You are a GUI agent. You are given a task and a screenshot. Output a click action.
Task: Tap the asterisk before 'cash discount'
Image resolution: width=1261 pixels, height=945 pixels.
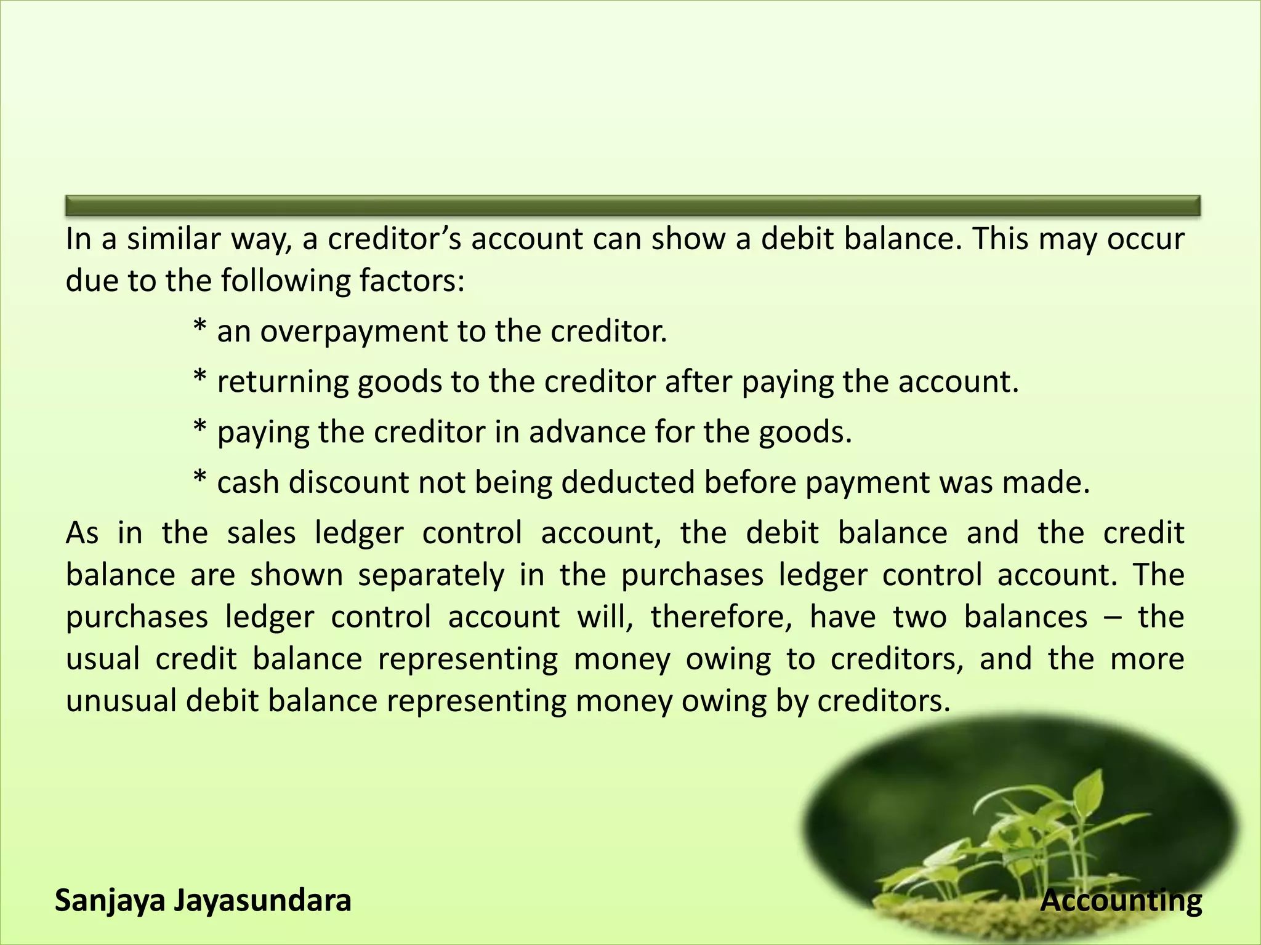(199, 479)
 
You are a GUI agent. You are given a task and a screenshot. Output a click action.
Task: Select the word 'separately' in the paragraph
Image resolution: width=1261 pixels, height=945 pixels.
(431, 575)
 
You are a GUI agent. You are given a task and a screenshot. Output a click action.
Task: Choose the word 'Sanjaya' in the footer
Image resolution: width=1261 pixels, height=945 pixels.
(110, 901)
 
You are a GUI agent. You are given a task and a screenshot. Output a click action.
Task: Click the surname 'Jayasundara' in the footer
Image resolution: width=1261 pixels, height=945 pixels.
(262, 901)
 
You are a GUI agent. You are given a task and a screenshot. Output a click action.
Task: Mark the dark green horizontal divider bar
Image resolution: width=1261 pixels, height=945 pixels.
(632, 205)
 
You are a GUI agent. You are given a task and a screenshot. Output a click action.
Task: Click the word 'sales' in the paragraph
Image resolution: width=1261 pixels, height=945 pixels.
(261, 533)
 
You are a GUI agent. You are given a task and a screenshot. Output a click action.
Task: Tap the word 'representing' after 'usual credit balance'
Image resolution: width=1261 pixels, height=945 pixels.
(468, 660)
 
